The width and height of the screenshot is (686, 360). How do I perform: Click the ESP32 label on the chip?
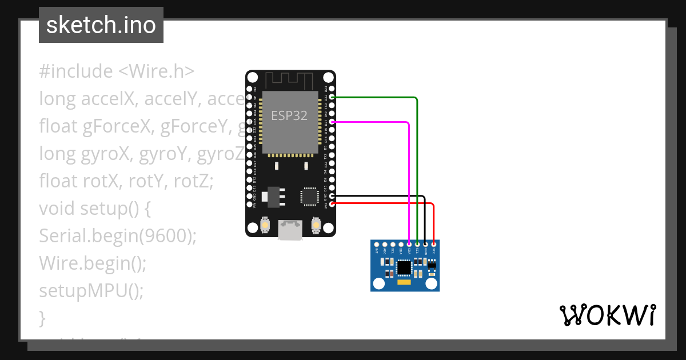tap(289, 116)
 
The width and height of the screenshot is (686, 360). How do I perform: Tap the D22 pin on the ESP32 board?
tap(332, 98)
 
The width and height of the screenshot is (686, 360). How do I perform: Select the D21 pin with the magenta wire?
tap(332, 122)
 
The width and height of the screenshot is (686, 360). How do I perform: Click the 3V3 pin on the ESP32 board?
tap(332, 203)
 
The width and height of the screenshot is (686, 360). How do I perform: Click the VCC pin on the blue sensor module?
tap(434, 244)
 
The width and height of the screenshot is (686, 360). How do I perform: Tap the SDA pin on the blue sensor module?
tap(409, 244)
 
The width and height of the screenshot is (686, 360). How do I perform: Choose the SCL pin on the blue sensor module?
tap(417, 244)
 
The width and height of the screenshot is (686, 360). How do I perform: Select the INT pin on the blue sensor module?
tap(376, 244)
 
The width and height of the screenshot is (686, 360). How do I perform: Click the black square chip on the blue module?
tap(404, 267)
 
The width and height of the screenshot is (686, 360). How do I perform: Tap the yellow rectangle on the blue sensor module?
tap(404, 283)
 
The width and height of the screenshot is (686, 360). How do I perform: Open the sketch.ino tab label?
tap(101, 25)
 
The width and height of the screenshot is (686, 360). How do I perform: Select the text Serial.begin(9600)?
tap(118, 235)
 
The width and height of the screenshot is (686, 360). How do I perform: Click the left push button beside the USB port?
tap(265, 226)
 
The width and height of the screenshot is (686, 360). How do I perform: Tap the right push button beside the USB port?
tap(316, 226)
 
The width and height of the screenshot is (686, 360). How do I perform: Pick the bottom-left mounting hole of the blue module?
tap(378, 283)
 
